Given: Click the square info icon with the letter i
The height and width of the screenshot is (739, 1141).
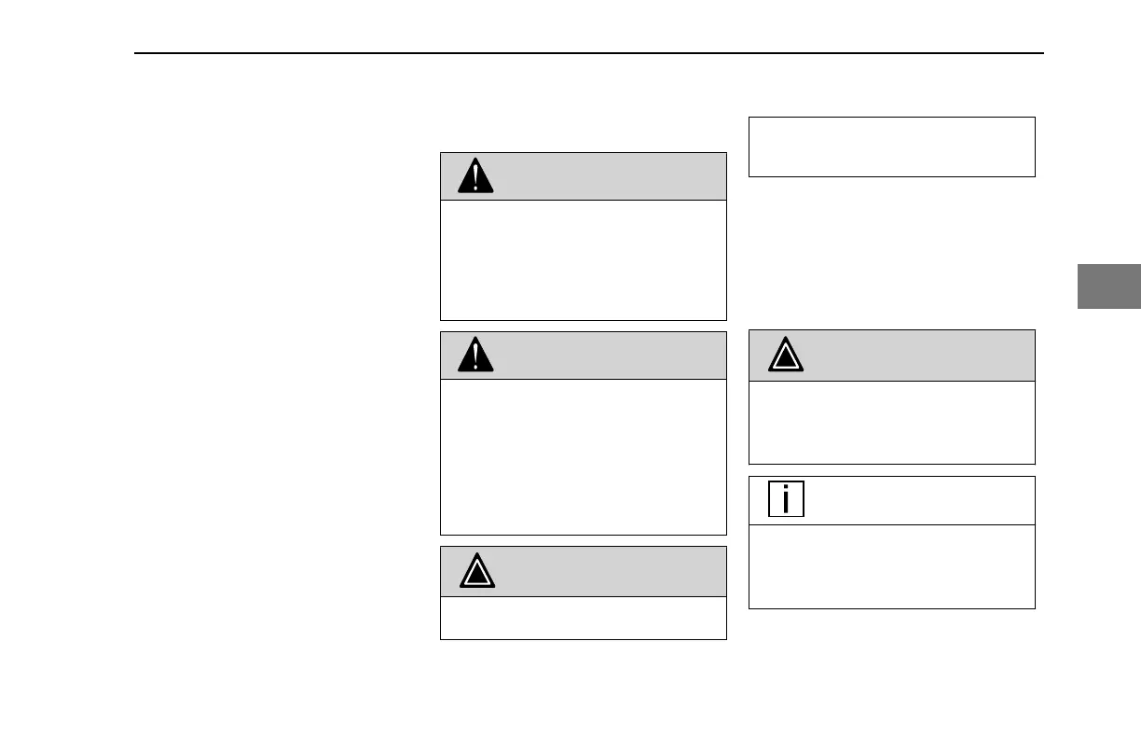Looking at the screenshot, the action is coord(786,500).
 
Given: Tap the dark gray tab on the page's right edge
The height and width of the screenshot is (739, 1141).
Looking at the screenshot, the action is coord(1109,286).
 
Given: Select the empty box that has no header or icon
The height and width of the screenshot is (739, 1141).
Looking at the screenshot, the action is coord(891,146).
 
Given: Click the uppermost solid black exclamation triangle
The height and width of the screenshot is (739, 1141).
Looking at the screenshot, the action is coord(476,176).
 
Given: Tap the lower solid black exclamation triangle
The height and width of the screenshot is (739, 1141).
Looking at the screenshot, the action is coord(476,356).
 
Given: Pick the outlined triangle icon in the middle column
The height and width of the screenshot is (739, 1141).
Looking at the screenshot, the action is coord(476,572).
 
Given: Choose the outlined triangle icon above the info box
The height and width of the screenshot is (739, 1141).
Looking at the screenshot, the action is coord(786,356).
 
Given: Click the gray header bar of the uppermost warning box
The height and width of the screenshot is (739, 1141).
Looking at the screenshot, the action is coord(606,176).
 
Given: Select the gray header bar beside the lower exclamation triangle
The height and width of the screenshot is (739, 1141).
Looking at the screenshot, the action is coord(606,356).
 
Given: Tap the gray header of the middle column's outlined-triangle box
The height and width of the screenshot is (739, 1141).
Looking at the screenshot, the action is coord(606,572).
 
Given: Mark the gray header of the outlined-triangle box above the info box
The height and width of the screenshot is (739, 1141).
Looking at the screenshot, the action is coord(914,356).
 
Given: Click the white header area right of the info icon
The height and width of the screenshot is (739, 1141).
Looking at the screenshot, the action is coord(914,501).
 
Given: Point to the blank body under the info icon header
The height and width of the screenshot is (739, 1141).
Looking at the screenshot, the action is coord(891,566).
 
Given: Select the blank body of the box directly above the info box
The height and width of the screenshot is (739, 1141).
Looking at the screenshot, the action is coord(891,422).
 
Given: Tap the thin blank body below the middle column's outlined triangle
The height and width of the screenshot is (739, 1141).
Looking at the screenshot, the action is coord(583,618).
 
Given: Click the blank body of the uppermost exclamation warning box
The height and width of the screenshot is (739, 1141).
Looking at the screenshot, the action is coord(583,259).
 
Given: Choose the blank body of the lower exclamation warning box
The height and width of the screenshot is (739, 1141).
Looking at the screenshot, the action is coord(583,456).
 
